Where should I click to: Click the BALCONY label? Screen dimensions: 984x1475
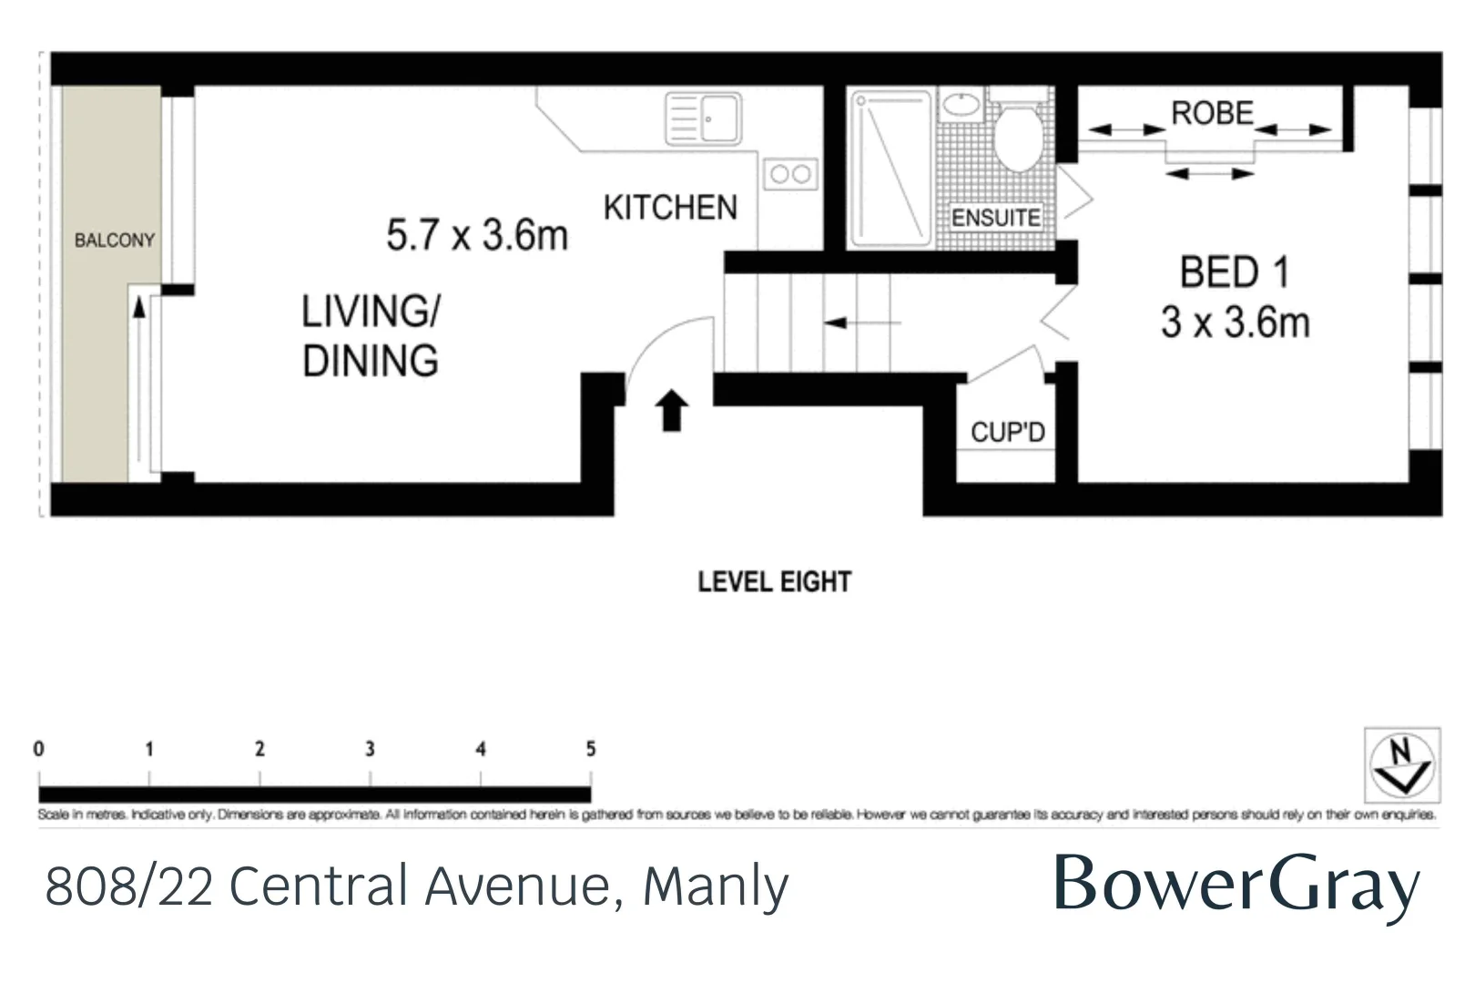[114, 241]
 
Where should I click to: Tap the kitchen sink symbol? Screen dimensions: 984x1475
[703, 118]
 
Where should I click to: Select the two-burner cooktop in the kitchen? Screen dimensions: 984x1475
[789, 174]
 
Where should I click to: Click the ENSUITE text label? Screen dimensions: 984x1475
[995, 218]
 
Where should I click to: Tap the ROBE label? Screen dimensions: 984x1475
[1212, 113]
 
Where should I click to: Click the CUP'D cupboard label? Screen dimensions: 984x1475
[1007, 432]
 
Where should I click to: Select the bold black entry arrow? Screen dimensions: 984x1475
[671, 410]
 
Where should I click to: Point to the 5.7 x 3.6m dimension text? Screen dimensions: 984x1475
[476, 235]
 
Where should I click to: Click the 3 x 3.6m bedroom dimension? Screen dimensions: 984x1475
[1235, 323]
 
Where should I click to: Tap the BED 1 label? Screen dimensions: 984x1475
[1234, 272]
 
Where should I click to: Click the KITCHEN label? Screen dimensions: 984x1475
[670, 208]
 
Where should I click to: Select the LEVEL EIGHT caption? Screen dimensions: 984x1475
[774, 582]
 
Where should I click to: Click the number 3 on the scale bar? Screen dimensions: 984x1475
[370, 749]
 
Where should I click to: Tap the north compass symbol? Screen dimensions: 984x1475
[1401, 764]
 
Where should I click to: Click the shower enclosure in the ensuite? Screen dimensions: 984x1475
[890, 168]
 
